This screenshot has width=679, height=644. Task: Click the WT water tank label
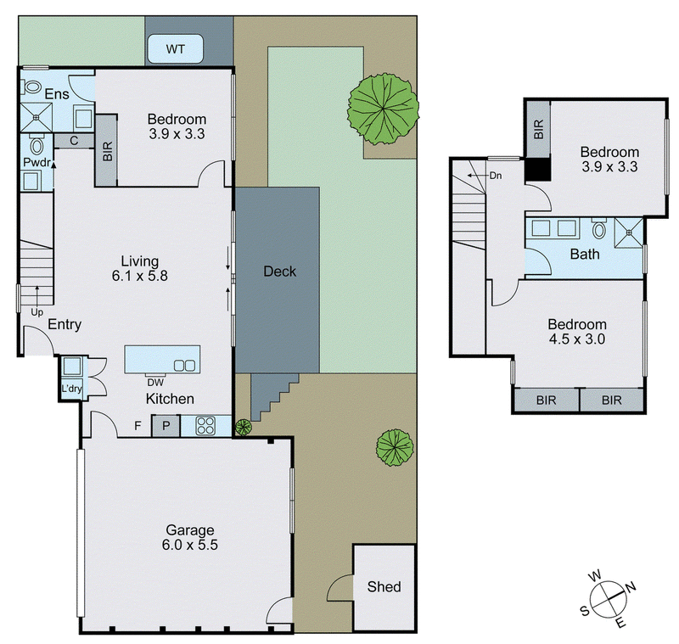175,49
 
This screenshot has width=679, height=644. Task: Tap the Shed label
384,586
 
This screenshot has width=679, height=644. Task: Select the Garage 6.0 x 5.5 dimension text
189,545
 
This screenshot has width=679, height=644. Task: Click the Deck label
280,272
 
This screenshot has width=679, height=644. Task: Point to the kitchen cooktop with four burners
205,425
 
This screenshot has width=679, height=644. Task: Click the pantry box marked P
166,426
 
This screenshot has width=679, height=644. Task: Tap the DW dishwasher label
155,383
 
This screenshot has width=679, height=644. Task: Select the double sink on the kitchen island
184,366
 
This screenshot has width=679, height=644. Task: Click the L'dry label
71,389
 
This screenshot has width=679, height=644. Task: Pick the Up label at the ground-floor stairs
36,311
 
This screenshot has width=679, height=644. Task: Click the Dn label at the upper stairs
496,176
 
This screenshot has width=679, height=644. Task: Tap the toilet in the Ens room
31,87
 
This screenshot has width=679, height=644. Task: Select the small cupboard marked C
74,141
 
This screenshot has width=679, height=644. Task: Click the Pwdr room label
36,163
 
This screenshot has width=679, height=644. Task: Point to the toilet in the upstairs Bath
599,229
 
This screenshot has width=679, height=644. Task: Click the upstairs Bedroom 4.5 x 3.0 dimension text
577,339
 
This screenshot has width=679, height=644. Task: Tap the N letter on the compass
631,587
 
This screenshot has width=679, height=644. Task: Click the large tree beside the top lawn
384,109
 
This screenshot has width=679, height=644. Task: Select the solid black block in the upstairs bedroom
538,169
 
